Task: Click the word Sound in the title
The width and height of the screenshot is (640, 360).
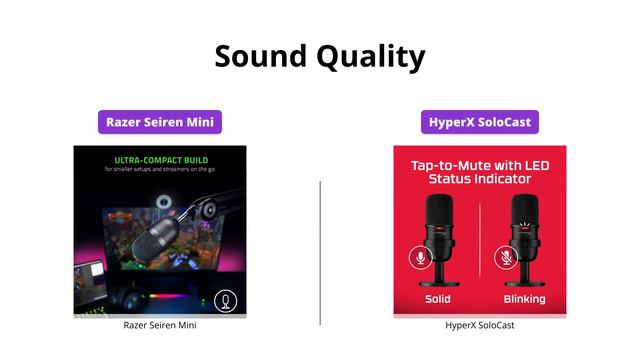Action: [x=261, y=56]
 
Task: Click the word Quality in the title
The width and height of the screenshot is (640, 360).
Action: [x=371, y=58]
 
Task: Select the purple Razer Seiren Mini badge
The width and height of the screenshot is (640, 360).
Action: [x=160, y=123]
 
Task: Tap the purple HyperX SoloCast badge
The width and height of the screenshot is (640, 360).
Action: [x=480, y=123]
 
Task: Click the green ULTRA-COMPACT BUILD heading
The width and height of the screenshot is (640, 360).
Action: [x=160, y=159]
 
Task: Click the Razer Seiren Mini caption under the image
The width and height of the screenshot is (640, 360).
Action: [x=160, y=325]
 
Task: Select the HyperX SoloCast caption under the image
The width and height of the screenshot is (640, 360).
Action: [x=480, y=325]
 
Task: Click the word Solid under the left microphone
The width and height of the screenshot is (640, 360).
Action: [x=437, y=299]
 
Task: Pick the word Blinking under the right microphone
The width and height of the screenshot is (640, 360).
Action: [x=524, y=299]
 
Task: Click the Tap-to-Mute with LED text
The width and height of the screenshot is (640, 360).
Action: [x=480, y=164]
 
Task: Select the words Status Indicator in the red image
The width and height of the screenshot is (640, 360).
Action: [x=480, y=179]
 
